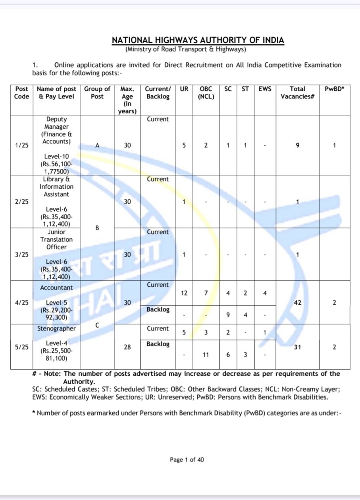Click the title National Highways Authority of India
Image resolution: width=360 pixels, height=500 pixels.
(198, 41)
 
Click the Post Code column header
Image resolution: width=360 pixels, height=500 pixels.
(21, 93)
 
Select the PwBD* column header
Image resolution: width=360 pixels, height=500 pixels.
(334, 89)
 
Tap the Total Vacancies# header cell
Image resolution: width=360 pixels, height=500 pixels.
(297, 93)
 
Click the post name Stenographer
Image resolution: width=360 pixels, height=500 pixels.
(56, 328)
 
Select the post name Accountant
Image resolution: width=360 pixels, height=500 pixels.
(56, 287)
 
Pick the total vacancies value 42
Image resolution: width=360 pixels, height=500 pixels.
(297, 303)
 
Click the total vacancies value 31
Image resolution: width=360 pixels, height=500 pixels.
(297, 347)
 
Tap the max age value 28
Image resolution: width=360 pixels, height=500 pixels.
(127, 347)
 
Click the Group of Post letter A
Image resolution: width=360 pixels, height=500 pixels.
(97, 146)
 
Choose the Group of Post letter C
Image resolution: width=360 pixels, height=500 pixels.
(97, 325)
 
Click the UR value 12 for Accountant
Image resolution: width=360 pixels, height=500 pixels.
(184, 293)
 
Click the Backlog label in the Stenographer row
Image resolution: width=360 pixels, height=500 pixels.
(158, 344)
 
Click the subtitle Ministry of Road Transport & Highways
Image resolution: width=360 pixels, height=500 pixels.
(186, 50)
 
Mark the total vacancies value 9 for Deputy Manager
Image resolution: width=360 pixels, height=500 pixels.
(297, 146)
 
